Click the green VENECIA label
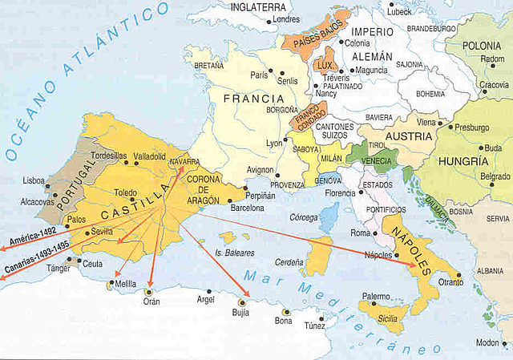coord(377,160)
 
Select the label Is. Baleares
coord(234,253)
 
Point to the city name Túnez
coord(314,326)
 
